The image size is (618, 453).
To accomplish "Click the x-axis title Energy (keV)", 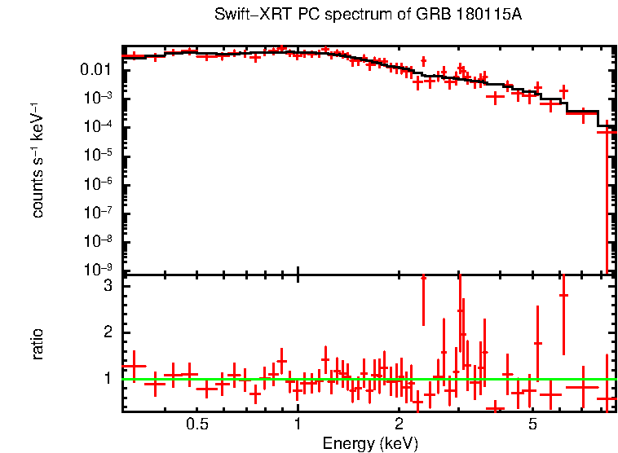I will click(x=370, y=443).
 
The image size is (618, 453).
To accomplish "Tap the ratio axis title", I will click(x=38, y=344).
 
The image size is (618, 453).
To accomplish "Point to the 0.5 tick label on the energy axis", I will click(x=196, y=424).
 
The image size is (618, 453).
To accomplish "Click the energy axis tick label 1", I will click(x=298, y=424).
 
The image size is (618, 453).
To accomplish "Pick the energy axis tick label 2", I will click(x=399, y=424).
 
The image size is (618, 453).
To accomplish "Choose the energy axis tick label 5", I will click(x=532, y=424).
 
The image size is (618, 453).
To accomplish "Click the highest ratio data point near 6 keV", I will click(x=563, y=295).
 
